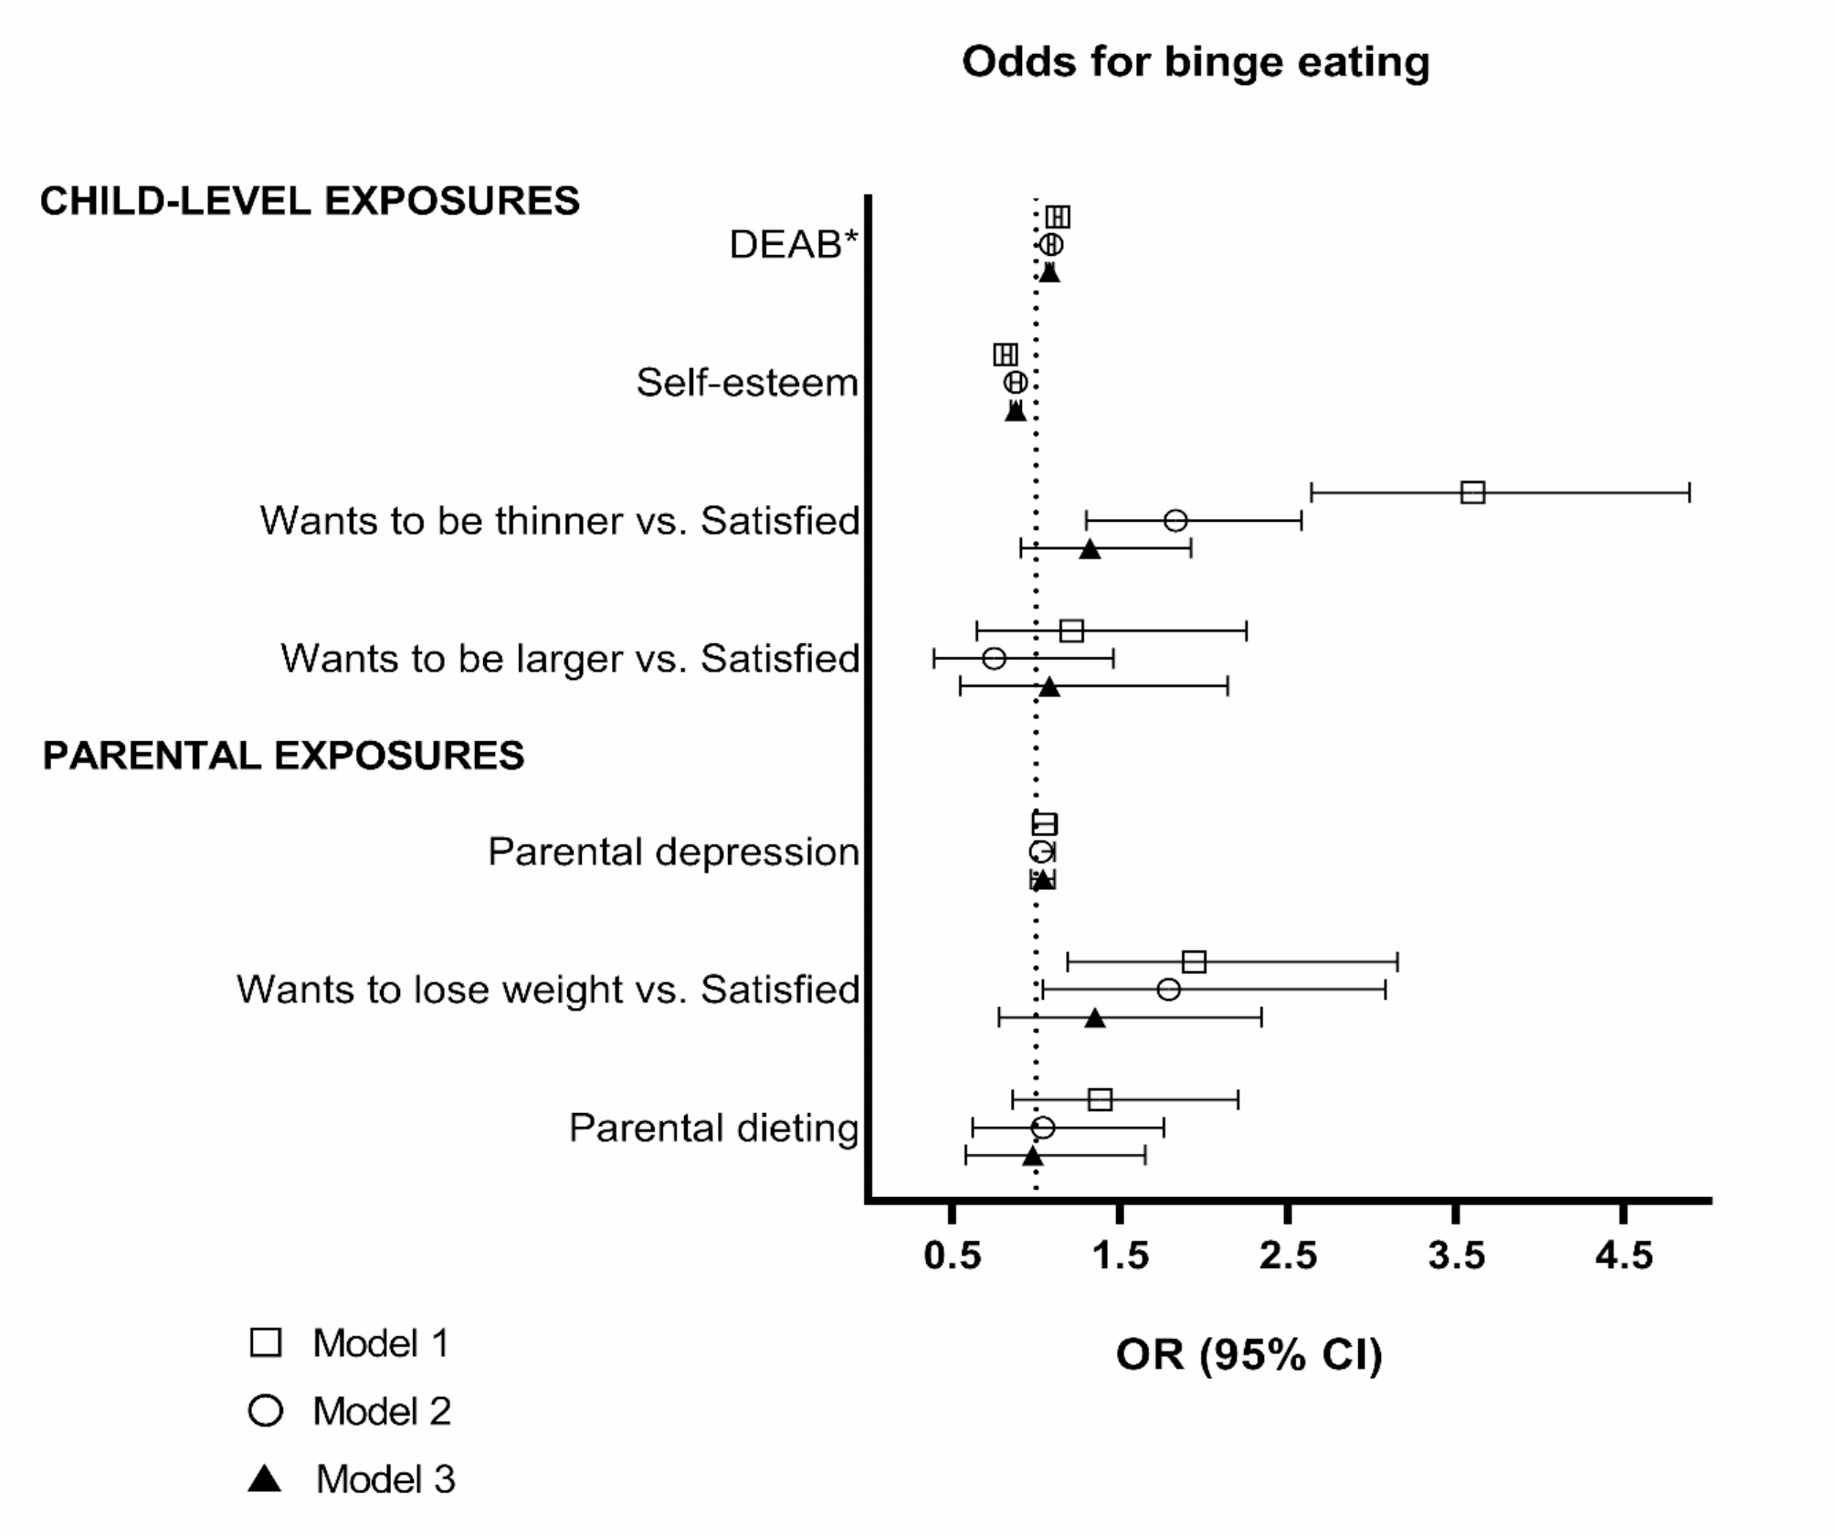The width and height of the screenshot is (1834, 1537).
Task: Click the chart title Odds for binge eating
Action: [1195, 62]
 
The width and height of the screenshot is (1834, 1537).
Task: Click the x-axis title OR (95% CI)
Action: [1249, 1354]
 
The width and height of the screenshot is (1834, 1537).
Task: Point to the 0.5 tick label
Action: [952, 1256]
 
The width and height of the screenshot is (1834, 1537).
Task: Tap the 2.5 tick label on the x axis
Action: [1288, 1256]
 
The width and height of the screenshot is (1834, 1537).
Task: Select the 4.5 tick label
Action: [1623, 1256]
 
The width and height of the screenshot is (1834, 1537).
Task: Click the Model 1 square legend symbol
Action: [266, 1342]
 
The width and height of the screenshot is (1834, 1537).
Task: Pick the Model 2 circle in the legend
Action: [266, 1411]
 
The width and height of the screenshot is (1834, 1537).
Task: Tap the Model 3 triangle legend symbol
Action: [265, 1479]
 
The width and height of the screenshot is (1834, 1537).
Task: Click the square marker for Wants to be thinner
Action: [1472, 493]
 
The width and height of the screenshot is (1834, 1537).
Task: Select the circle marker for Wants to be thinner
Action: [1175, 521]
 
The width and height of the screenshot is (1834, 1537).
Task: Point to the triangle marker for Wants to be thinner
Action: [1090, 549]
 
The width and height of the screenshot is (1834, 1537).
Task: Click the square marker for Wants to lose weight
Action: [1194, 961]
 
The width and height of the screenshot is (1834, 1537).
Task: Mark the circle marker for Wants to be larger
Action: [994, 658]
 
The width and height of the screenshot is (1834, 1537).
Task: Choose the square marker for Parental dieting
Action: [1100, 1099]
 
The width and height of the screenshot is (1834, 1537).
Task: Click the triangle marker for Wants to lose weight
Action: [1095, 1018]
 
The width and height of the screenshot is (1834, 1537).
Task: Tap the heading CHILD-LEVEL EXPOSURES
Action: [310, 201]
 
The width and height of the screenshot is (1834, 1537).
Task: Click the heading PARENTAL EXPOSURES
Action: [283, 756]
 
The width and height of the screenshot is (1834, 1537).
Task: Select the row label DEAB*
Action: [794, 245]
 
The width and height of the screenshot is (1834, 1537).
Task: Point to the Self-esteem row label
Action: [747, 383]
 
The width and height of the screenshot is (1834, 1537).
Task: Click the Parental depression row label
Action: [673, 852]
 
